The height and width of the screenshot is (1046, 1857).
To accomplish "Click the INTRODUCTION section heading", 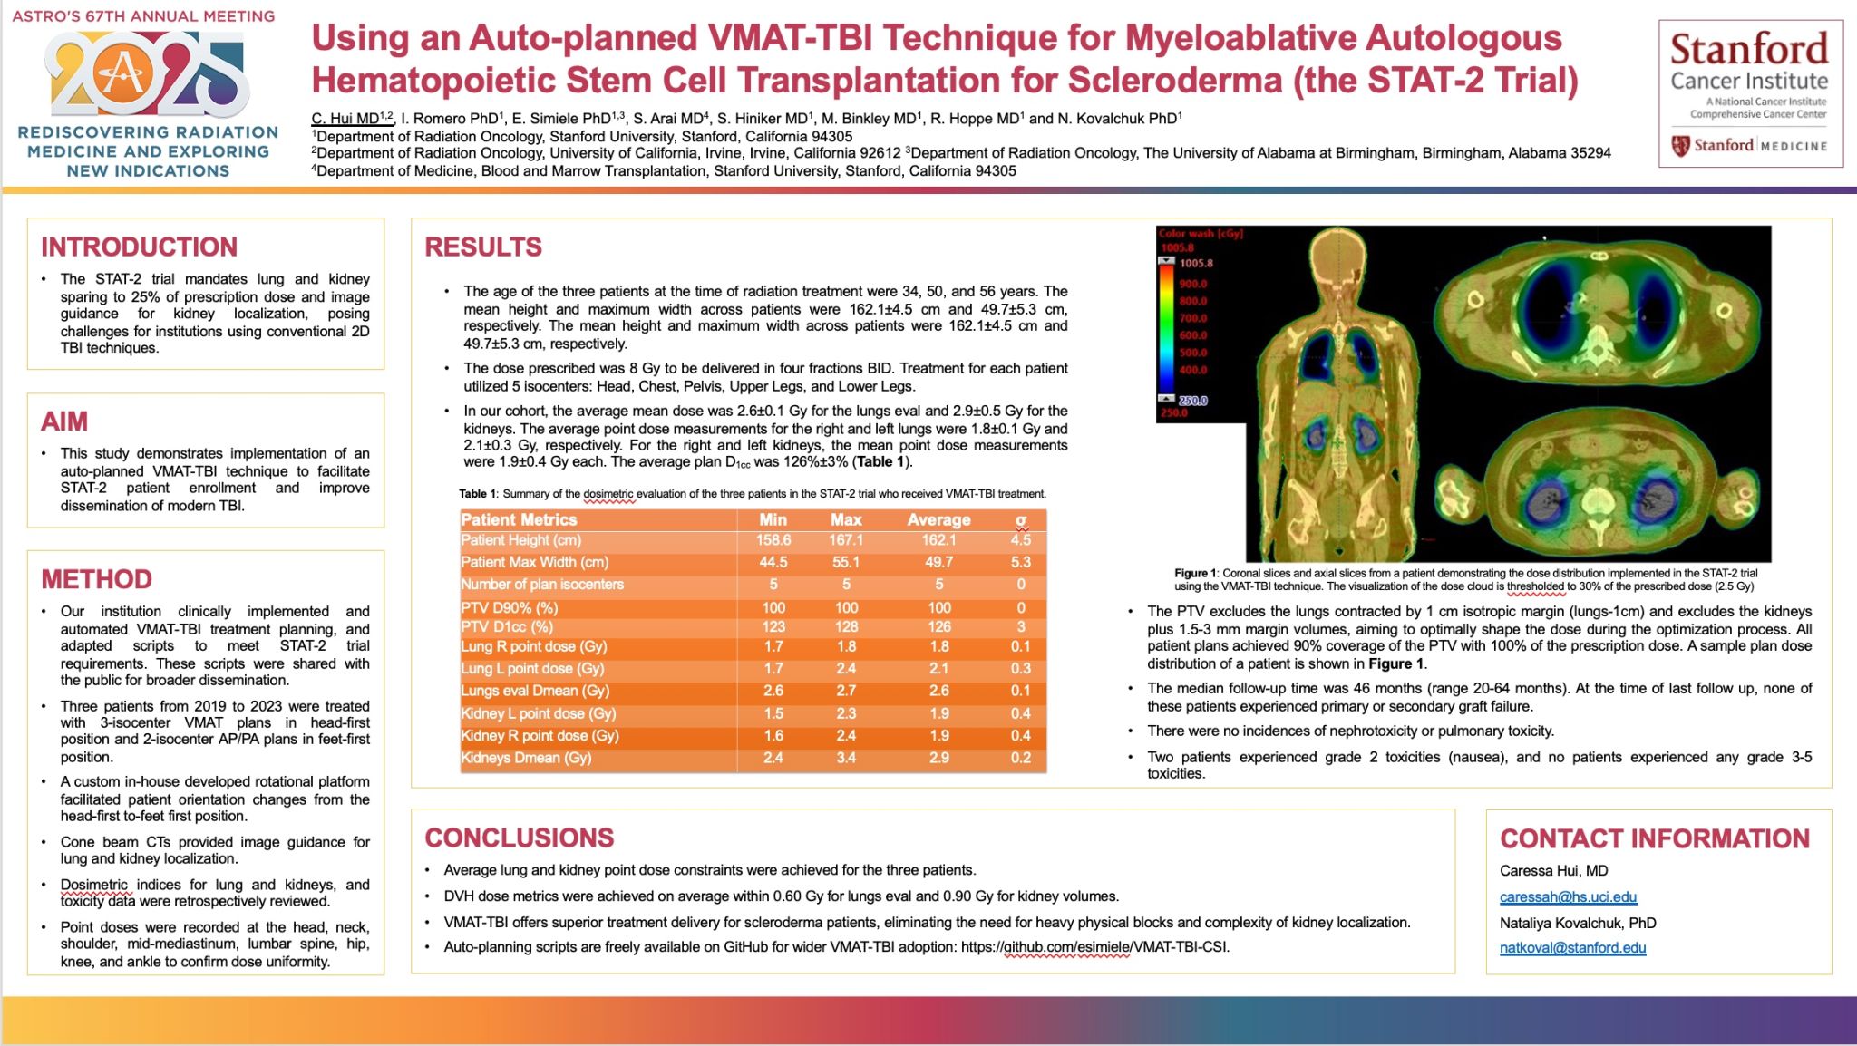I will pyautogui.click(x=139, y=247).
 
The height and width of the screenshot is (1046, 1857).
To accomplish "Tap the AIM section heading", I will pyautogui.click(x=64, y=421).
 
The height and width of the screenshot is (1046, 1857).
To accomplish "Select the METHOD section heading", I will pyautogui.click(x=96, y=579).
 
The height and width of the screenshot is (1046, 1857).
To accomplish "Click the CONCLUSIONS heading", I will pyautogui.click(x=520, y=838).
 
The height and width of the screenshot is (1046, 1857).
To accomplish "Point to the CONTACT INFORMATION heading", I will pyautogui.click(x=1655, y=838).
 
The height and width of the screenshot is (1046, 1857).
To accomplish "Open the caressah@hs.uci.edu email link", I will pyautogui.click(x=1568, y=897).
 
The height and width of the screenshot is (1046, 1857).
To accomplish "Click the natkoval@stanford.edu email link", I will pyautogui.click(x=1572, y=948).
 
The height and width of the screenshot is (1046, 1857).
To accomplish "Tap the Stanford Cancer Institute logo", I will pyautogui.click(x=1750, y=93).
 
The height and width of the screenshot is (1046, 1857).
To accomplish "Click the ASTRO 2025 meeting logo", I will pyautogui.click(x=145, y=76).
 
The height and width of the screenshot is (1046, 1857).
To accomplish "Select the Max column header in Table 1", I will pyautogui.click(x=845, y=519).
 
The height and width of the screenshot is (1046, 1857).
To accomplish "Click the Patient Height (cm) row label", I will pyautogui.click(x=520, y=540).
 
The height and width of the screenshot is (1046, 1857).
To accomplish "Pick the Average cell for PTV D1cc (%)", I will pyautogui.click(x=938, y=627).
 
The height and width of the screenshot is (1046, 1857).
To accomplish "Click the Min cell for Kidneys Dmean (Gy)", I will pyautogui.click(x=773, y=758).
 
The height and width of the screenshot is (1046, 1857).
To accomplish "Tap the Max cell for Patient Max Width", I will pyautogui.click(x=845, y=562).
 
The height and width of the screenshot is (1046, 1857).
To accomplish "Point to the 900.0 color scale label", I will pyautogui.click(x=1192, y=284).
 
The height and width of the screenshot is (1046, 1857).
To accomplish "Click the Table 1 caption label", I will pyautogui.click(x=477, y=494).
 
